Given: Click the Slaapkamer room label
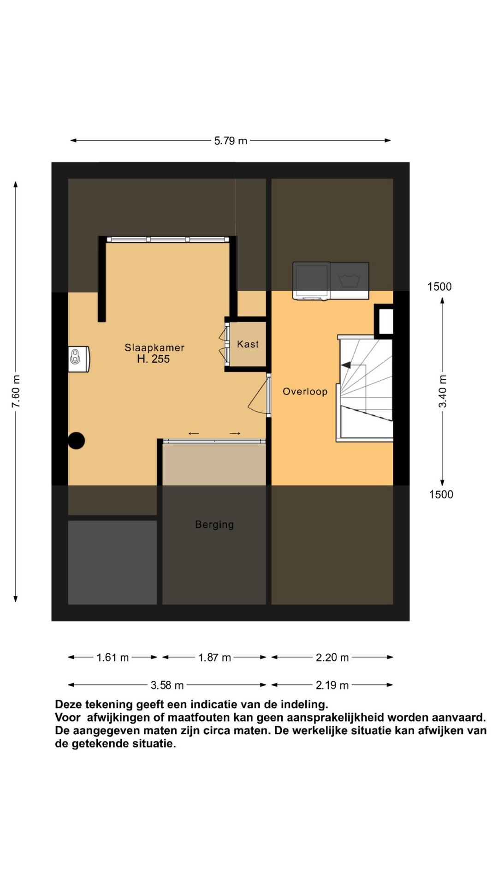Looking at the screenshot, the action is pos(154,347).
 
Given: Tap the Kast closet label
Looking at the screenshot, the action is pos(248,344).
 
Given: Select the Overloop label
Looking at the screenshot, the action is pos(305,391).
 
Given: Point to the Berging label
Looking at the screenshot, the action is pos(214,525).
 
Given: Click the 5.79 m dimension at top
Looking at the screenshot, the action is pos(231,141).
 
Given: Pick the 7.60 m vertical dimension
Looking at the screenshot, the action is pos(16,391).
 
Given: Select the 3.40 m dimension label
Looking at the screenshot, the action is pos(443,391).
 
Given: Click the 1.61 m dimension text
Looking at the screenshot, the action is pos(113,658).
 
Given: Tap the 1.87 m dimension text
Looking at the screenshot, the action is pos(214,658).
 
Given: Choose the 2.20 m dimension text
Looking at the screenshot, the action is pos(332,658).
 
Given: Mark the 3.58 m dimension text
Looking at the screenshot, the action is pos(167,685).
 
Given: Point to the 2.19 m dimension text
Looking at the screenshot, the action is pos(332,685).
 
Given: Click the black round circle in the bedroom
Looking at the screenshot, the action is pos(76,441).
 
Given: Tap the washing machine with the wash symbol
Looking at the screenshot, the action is pos(350,281).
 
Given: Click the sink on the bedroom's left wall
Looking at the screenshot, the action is pos(79,359).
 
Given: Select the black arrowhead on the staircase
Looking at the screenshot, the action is pos(346,365).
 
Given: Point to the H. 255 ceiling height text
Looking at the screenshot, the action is pos(154,359).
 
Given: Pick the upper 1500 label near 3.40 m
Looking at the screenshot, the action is pos(439,287).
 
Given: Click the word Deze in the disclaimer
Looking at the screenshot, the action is pos(68,705).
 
